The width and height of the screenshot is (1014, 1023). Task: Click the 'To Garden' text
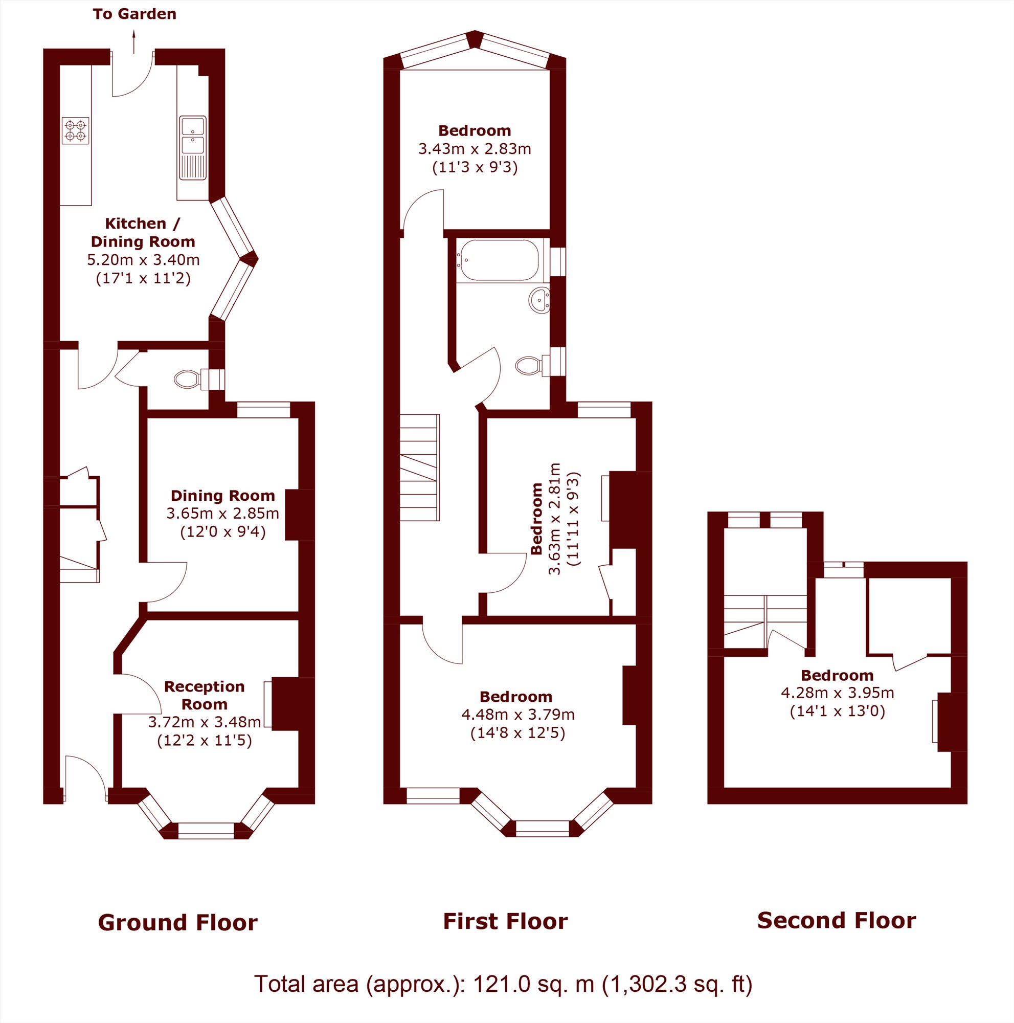point(134,14)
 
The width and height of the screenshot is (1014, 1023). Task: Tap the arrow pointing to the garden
point(134,41)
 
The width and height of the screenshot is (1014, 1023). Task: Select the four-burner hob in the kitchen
point(75,131)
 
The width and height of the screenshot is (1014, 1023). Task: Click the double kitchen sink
point(193,148)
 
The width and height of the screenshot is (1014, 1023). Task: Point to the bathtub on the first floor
point(499,260)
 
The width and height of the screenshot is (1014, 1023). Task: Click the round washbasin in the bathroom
point(539,300)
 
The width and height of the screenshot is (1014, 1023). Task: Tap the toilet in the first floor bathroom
point(533,365)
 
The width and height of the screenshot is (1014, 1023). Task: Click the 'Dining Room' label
point(223,495)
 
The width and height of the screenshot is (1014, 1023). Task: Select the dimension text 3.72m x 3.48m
point(204,722)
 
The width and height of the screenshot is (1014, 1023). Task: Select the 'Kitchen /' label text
point(143,224)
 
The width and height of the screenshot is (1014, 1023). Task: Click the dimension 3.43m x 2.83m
point(475,149)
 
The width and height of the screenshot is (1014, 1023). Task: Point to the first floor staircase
point(419,468)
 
